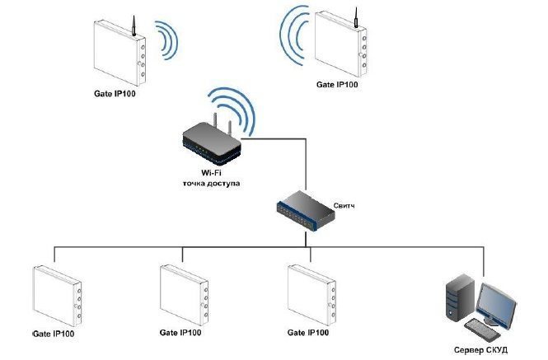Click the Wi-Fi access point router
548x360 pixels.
coord(211,145)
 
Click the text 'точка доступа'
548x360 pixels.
coord(211,183)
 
